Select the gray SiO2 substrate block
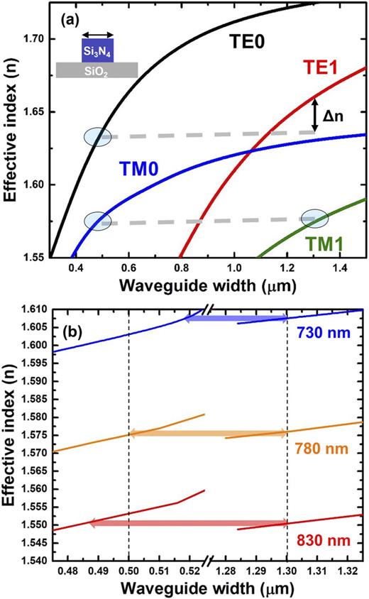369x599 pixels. coord(97,70)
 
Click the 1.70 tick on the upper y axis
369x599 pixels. coord(35,38)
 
